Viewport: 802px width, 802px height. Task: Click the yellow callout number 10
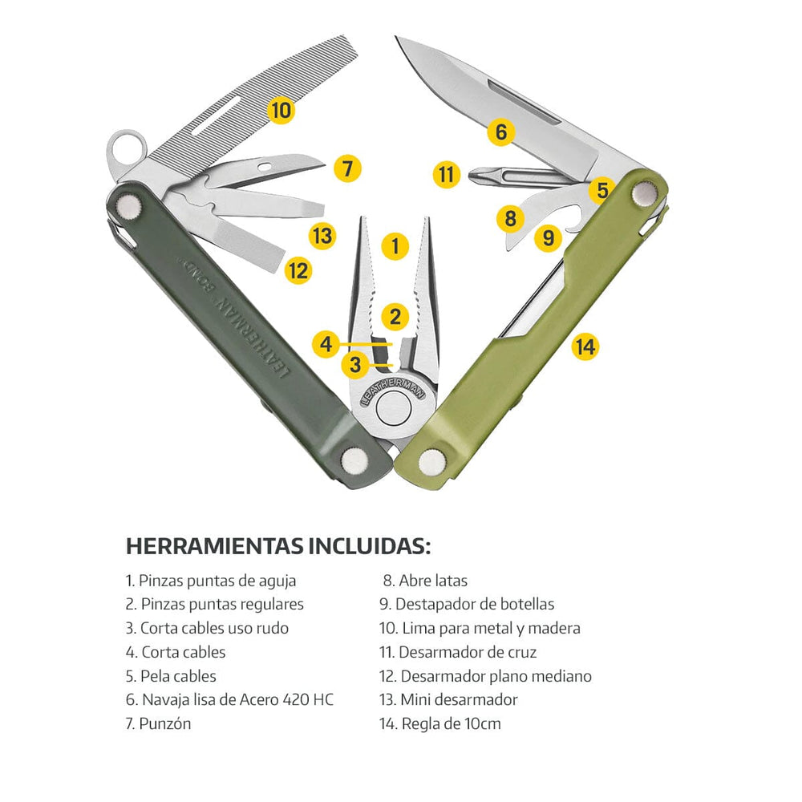(281, 110)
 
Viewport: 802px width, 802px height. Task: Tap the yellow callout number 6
(501, 132)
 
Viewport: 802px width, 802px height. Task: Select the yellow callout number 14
(585, 346)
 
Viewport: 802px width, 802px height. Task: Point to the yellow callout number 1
(395, 246)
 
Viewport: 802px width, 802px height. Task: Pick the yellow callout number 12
(298, 270)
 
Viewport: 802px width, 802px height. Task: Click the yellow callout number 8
(510, 219)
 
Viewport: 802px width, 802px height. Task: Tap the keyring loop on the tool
(126, 148)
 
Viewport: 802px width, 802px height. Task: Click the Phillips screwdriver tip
(476, 177)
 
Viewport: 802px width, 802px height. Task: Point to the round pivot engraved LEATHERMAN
(394, 408)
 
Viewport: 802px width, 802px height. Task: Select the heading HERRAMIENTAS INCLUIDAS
(278, 546)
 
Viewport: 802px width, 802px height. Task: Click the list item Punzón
(158, 723)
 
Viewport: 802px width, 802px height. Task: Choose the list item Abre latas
(425, 581)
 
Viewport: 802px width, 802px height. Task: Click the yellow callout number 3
(355, 365)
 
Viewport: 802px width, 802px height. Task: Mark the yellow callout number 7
(347, 168)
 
